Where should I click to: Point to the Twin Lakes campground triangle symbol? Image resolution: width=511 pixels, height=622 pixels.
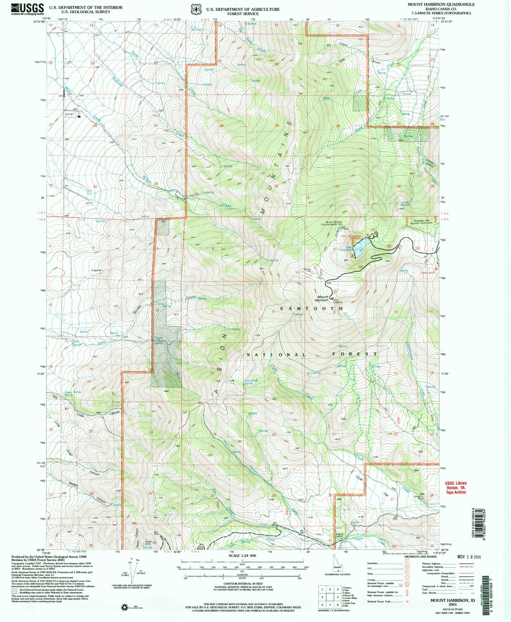436,269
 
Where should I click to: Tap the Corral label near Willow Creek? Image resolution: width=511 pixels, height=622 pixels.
69,114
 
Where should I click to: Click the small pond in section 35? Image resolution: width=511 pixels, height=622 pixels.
89,192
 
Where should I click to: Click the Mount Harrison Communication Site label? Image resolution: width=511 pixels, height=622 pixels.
331,223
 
